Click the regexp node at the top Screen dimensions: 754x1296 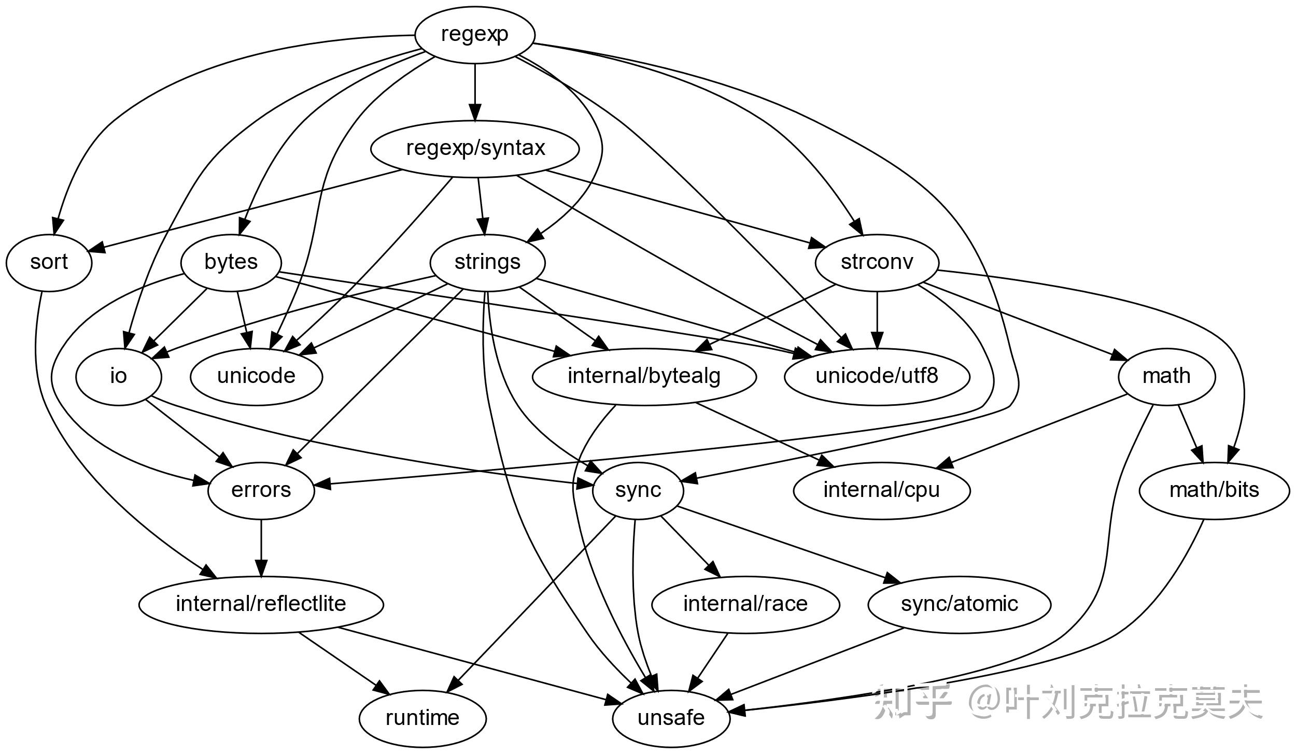[474, 35]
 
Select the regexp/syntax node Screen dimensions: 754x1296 [475, 149]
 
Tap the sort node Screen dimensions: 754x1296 [49, 263]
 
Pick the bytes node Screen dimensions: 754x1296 [231, 263]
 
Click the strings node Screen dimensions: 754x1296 [487, 263]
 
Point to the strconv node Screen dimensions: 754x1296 [877, 263]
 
